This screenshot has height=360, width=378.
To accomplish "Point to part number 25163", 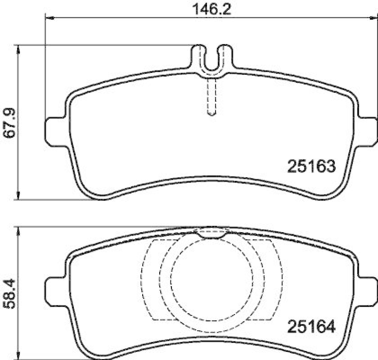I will [311, 166].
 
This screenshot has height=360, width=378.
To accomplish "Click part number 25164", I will [311, 326].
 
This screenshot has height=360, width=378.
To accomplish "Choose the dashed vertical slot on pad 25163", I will [212, 97].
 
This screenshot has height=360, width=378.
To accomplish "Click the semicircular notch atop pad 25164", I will [211, 233].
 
